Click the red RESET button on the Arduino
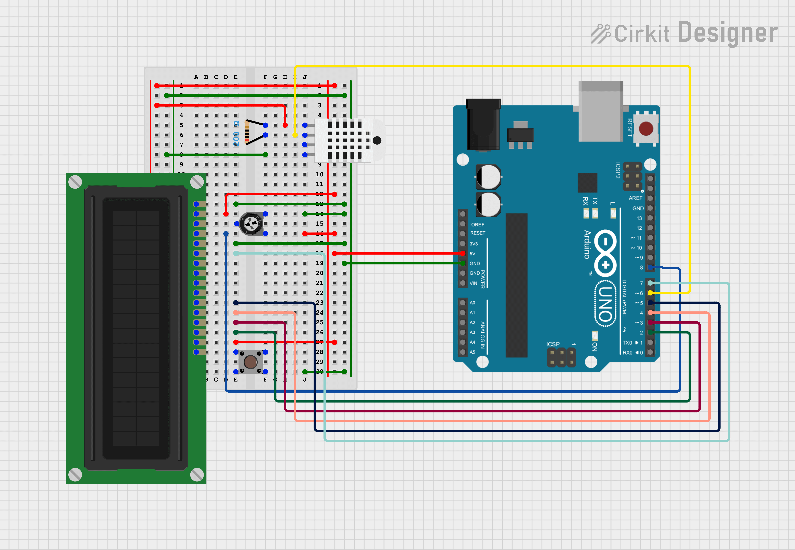coord(646,129)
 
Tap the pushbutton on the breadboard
coord(250,362)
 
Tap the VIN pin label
coord(473,283)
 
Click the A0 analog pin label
coord(472,303)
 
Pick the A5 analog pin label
coord(472,352)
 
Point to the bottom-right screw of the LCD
coord(197,475)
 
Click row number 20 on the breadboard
coord(320,273)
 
